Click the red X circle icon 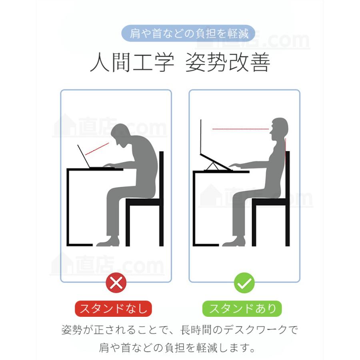pos(116,283)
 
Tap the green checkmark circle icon pos(244,283)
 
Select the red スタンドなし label pos(114,308)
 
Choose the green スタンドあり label pos(242,308)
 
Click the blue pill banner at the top pos(188,34)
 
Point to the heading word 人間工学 pos(132,62)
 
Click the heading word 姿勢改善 pos(228,62)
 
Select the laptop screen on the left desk pos(84,156)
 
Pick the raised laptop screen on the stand pos(201,137)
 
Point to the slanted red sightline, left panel pos(97,149)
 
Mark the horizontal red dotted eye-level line pos(241,129)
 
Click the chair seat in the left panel pos(144,202)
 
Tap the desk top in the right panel pos(221,172)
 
